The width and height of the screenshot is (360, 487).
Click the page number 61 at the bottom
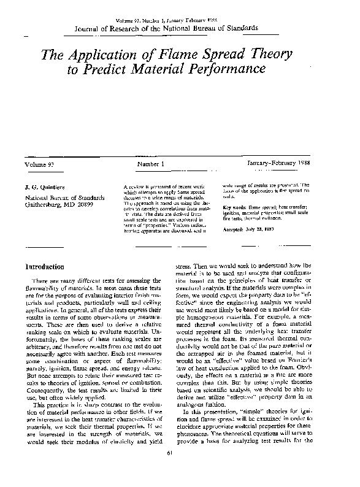[x=179, y=470]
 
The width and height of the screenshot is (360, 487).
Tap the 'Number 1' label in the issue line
[x=151, y=164]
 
